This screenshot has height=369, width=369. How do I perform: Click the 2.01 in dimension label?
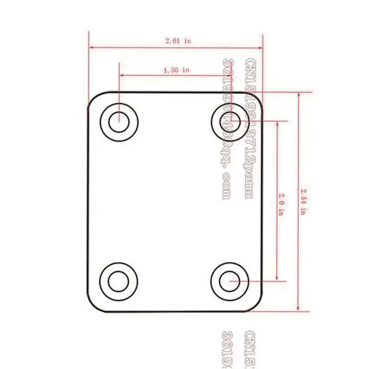point(178,41)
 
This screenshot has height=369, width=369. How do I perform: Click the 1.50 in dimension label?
point(176,70)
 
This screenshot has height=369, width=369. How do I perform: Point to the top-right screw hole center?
point(230,121)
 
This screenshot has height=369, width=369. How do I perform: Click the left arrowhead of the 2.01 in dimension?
point(91,47)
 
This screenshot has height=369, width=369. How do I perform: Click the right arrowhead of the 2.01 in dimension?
point(261,47)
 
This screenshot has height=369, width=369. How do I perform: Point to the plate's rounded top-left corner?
point(92,97)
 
